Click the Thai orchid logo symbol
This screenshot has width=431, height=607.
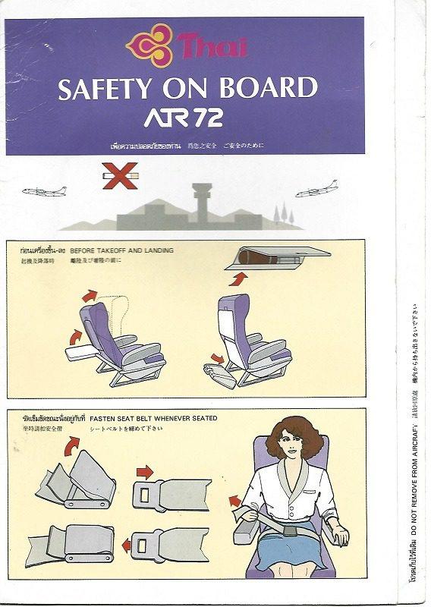pyautogui.click(x=149, y=46)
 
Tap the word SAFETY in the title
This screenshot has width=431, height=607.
pyautogui.click(x=108, y=90)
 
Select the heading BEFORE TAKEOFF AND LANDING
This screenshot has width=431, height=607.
pyautogui.click(x=121, y=250)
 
